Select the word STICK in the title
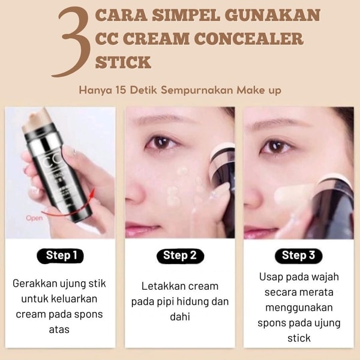click(x=123, y=62)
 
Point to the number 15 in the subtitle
click(x=121, y=90)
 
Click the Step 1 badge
click(x=61, y=256)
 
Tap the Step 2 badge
click(x=180, y=256)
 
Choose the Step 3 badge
click(x=298, y=256)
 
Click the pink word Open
click(x=34, y=218)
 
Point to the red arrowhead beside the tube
click(x=92, y=193)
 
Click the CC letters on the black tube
click(x=50, y=162)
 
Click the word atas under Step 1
click(x=59, y=329)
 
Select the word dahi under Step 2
click(x=180, y=317)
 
